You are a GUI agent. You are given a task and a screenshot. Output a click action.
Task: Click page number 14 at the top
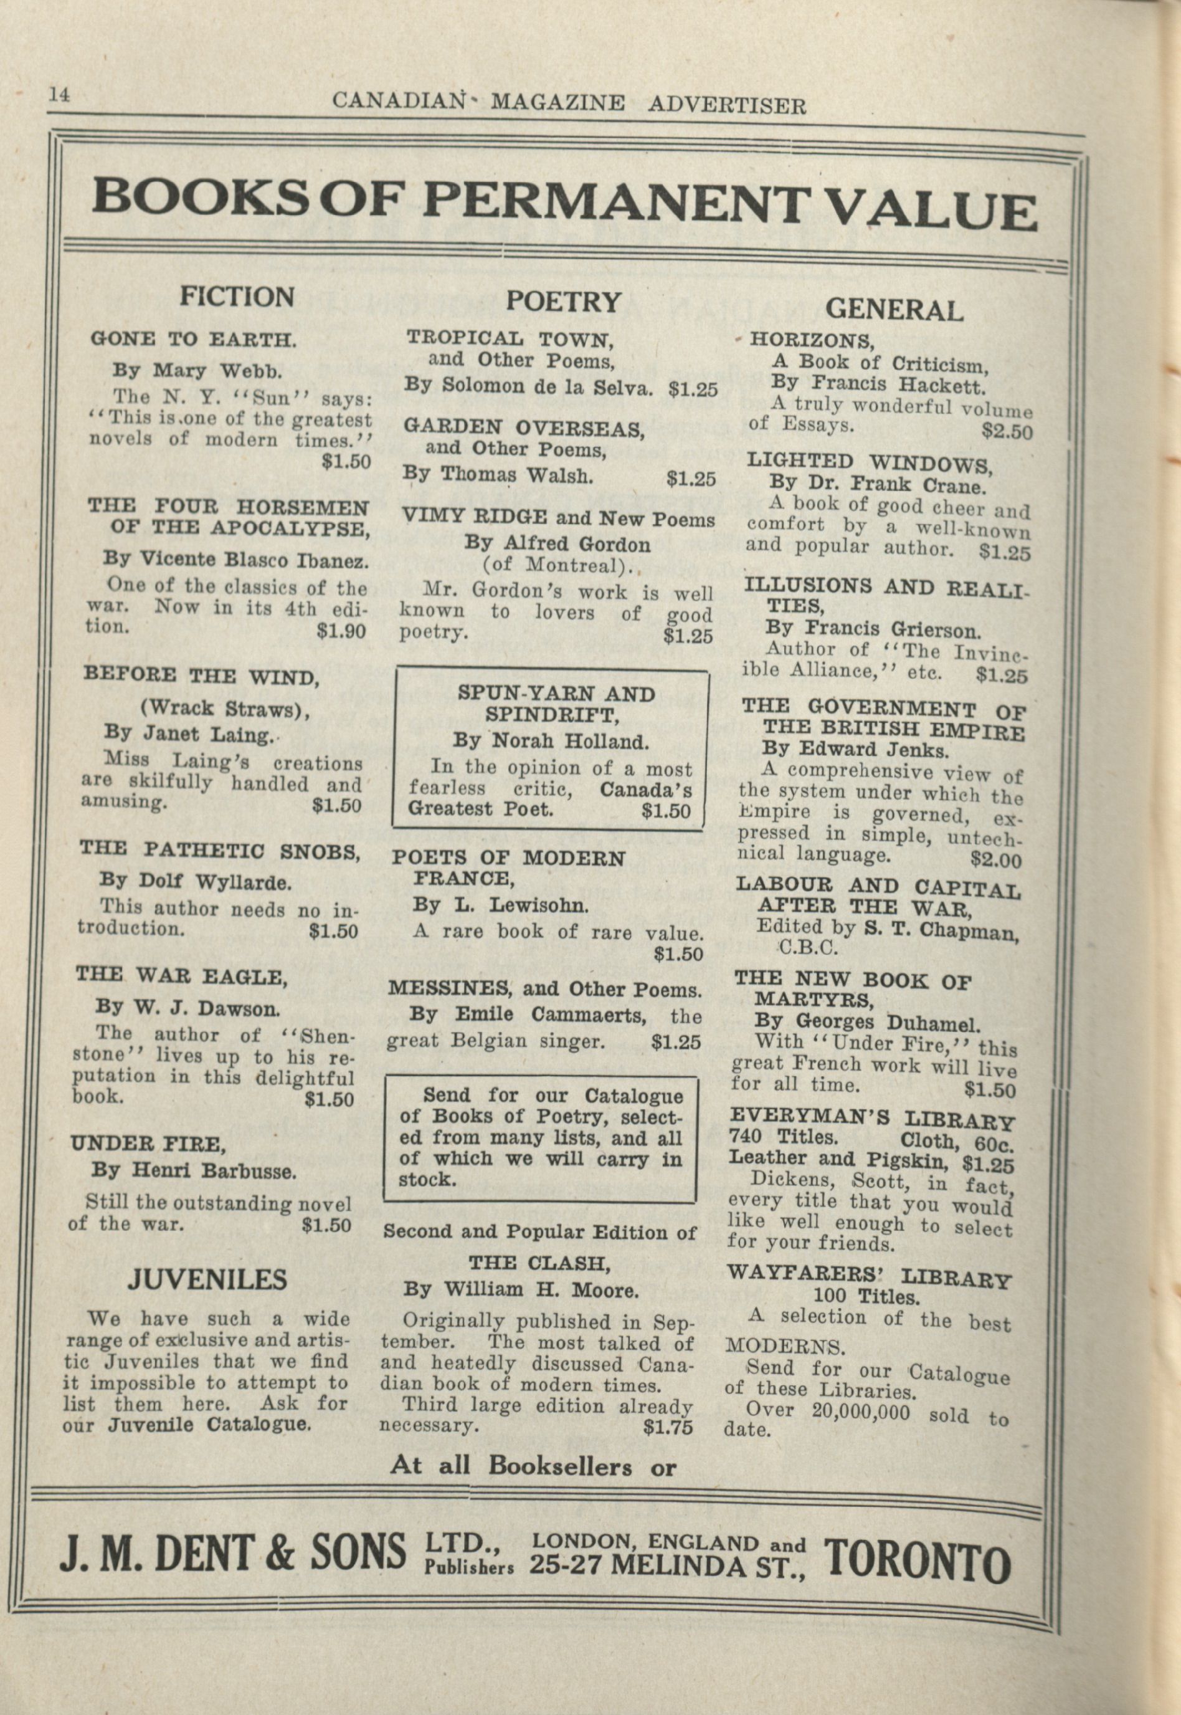pyautogui.click(x=59, y=95)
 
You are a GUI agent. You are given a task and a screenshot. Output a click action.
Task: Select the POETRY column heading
pyautogui.click(x=563, y=301)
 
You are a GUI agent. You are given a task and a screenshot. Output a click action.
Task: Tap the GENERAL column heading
pyautogui.click(x=893, y=309)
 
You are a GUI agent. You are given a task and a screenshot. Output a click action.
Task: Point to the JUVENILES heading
pyautogui.click(x=207, y=1279)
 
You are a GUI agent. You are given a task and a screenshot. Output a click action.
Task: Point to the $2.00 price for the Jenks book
pyautogui.click(x=996, y=860)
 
